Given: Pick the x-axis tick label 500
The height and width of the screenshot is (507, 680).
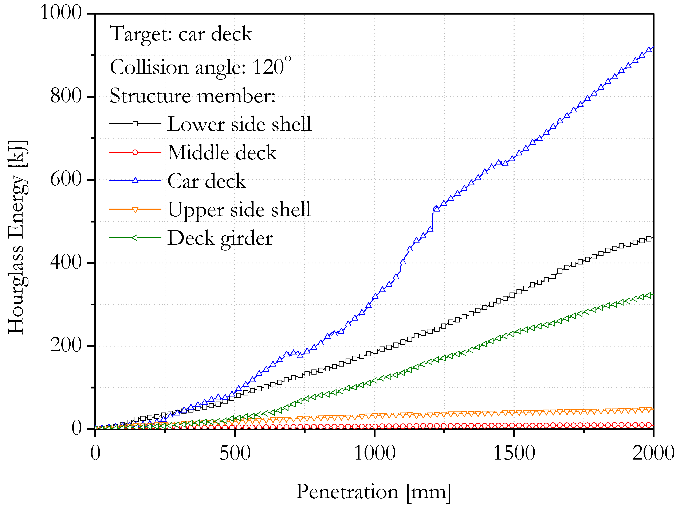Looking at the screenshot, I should (235, 453).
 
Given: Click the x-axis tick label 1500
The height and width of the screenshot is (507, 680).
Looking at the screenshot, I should (514, 453).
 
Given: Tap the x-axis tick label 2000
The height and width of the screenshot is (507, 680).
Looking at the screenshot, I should (653, 453).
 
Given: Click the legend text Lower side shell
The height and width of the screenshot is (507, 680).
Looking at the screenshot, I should (239, 124).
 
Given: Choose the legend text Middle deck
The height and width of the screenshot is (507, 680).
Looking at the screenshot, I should (222, 152).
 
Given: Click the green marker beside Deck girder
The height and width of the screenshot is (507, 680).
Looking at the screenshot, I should (135, 237).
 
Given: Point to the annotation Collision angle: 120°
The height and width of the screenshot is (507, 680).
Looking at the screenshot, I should (200, 67).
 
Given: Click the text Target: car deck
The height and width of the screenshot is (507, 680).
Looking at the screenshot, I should (181, 34).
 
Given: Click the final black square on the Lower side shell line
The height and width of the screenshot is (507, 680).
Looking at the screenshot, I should (648, 239).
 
